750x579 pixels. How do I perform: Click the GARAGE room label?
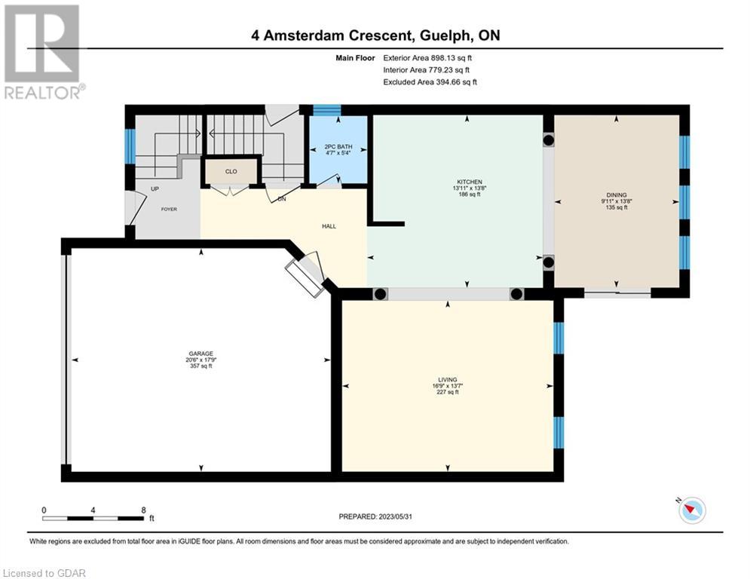201,354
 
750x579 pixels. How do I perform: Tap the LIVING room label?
448,379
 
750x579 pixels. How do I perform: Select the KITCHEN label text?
470,182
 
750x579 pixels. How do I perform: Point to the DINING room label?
617,195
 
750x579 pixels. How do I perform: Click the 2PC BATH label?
338,146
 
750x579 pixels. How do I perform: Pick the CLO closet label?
231,171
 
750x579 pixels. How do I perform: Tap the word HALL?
329,226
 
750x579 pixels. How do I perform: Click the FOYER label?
169,209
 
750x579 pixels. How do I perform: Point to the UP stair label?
155,189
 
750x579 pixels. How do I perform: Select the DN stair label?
282,198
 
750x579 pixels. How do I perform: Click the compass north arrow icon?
692,510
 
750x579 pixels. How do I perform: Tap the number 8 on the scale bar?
143,510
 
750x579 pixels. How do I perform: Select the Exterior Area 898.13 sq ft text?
427,58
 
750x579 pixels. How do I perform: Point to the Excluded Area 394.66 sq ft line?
430,82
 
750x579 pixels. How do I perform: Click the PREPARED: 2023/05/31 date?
375,516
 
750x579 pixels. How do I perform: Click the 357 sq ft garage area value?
201,366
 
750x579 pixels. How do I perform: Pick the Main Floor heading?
355,58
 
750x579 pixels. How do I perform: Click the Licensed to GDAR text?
44,573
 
